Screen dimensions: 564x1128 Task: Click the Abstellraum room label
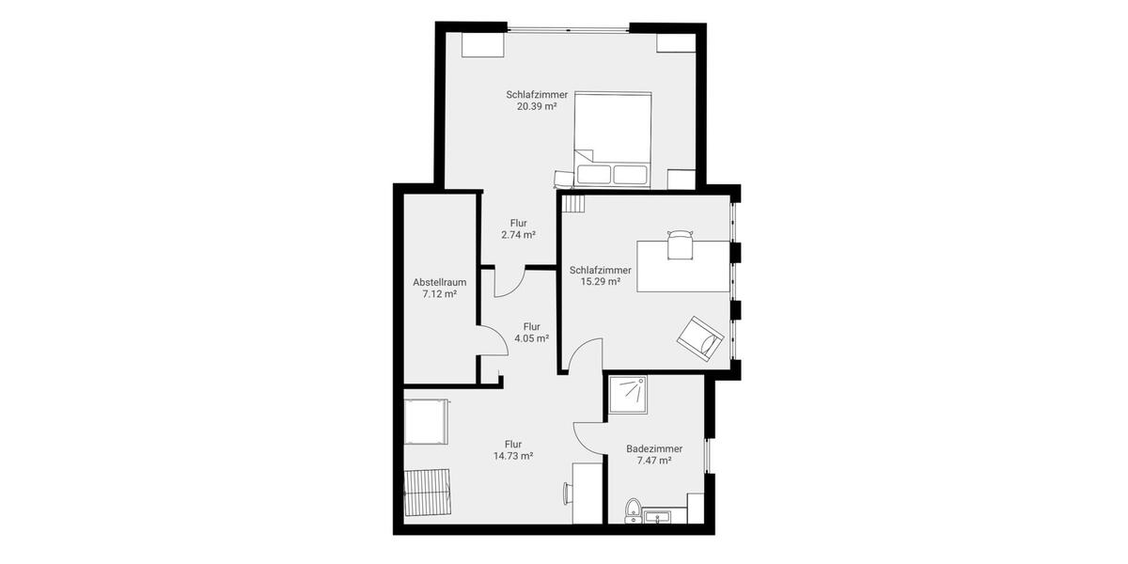pyautogui.click(x=440, y=282)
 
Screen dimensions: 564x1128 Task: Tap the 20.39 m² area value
pyautogui.click(x=537, y=107)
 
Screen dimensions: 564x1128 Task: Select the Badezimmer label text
pyautogui.click(x=654, y=449)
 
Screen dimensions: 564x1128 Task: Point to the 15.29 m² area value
pyautogui.click(x=601, y=282)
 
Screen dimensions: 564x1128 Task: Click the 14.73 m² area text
pyautogui.click(x=513, y=456)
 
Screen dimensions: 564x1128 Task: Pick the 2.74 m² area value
pyautogui.click(x=518, y=235)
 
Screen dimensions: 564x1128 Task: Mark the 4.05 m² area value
pyautogui.click(x=531, y=338)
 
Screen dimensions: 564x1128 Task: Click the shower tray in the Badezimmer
pyautogui.click(x=627, y=395)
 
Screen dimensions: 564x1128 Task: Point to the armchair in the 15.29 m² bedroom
pyautogui.click(x=701, y=337)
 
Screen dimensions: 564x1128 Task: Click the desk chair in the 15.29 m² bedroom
pyautogui.click(x=680, y=244)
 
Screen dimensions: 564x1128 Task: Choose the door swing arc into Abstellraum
pyautogui.click(x=493, y=340)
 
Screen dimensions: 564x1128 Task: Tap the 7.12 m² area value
pyautogui.click(x=440, y=294)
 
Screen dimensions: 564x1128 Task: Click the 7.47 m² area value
pyautogui.click(x=654, y=462)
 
